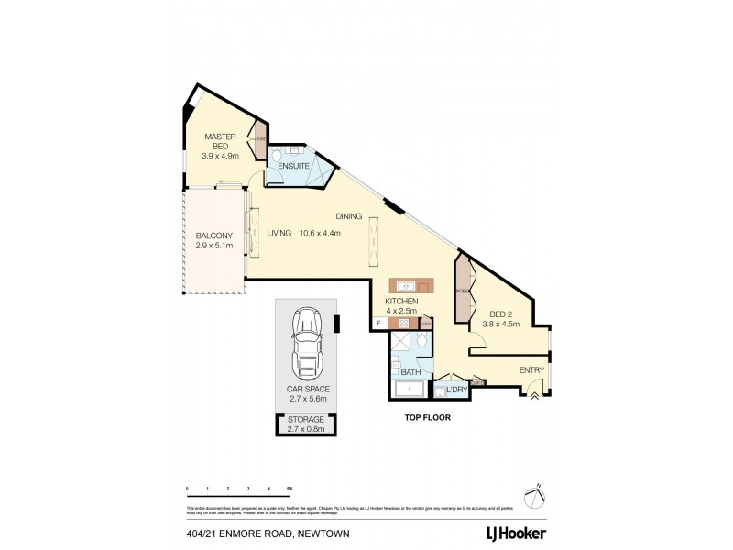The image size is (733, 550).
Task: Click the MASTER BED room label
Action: [220, 146]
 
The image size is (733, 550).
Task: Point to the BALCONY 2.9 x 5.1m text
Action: [213, 240]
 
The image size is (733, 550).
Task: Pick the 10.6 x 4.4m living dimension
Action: [318, 234]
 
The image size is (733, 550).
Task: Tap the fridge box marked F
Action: [378, 322]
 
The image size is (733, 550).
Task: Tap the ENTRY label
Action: [531, 370]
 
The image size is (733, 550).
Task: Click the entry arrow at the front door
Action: [534, 396]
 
